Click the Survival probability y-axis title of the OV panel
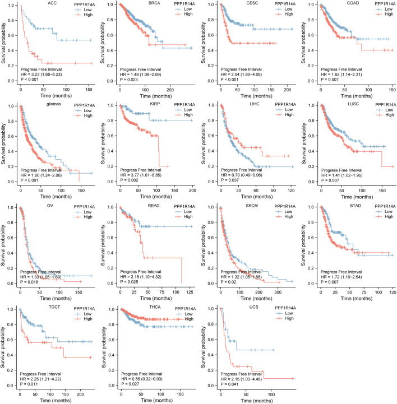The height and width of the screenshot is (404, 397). point(5,245)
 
